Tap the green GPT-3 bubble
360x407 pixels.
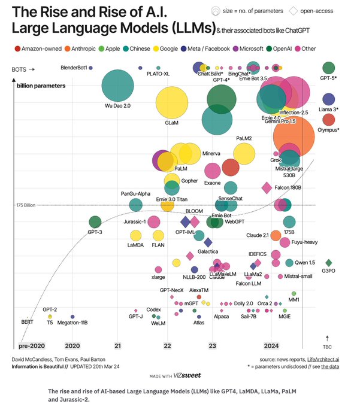pos(95,223)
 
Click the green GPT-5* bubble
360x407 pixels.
pos(328,68)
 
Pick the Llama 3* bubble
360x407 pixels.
pos(328,99)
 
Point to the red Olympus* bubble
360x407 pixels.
pos(328,120)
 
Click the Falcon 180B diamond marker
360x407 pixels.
pos(267,188)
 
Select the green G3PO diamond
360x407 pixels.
pos(328,263)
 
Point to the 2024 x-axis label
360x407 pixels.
pos(272,346)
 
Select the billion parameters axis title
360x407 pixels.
pos(41,86)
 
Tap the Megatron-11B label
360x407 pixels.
pos(72,323)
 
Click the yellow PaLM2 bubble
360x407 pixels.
pos(244,154)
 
